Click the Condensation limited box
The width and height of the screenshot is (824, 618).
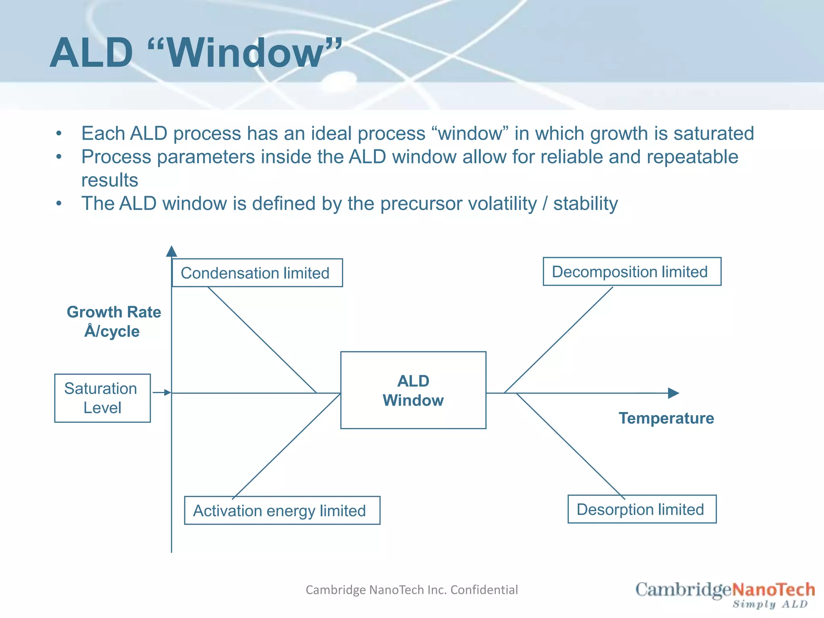click(257, 273)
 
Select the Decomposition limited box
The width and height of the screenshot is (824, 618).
click(632, 272)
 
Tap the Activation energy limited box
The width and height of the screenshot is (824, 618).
click(282, 510)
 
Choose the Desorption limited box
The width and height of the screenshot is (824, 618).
click(642, 509)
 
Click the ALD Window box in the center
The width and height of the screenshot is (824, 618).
click(413, 390)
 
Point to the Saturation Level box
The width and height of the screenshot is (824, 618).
click(102, 398)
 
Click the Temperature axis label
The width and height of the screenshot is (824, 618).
click(666, 418)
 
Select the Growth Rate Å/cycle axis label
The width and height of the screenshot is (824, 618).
click(113, 321)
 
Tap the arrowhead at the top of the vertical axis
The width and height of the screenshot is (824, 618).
click(171, 251)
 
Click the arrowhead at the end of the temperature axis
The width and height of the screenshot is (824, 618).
click(674, 393)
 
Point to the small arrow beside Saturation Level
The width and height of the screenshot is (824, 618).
click(162, 393)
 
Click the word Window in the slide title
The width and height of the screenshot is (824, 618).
click(245, 53)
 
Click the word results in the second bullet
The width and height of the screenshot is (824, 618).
click(109, 180)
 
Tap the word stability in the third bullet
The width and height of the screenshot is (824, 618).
click(585, 204)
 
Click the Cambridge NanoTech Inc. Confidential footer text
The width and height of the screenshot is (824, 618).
click(412, 589)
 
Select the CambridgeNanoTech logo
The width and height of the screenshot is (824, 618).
click(725, 590)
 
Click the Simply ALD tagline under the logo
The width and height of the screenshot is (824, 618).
click(770, 604)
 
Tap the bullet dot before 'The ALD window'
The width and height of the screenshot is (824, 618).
click(59, 204)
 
